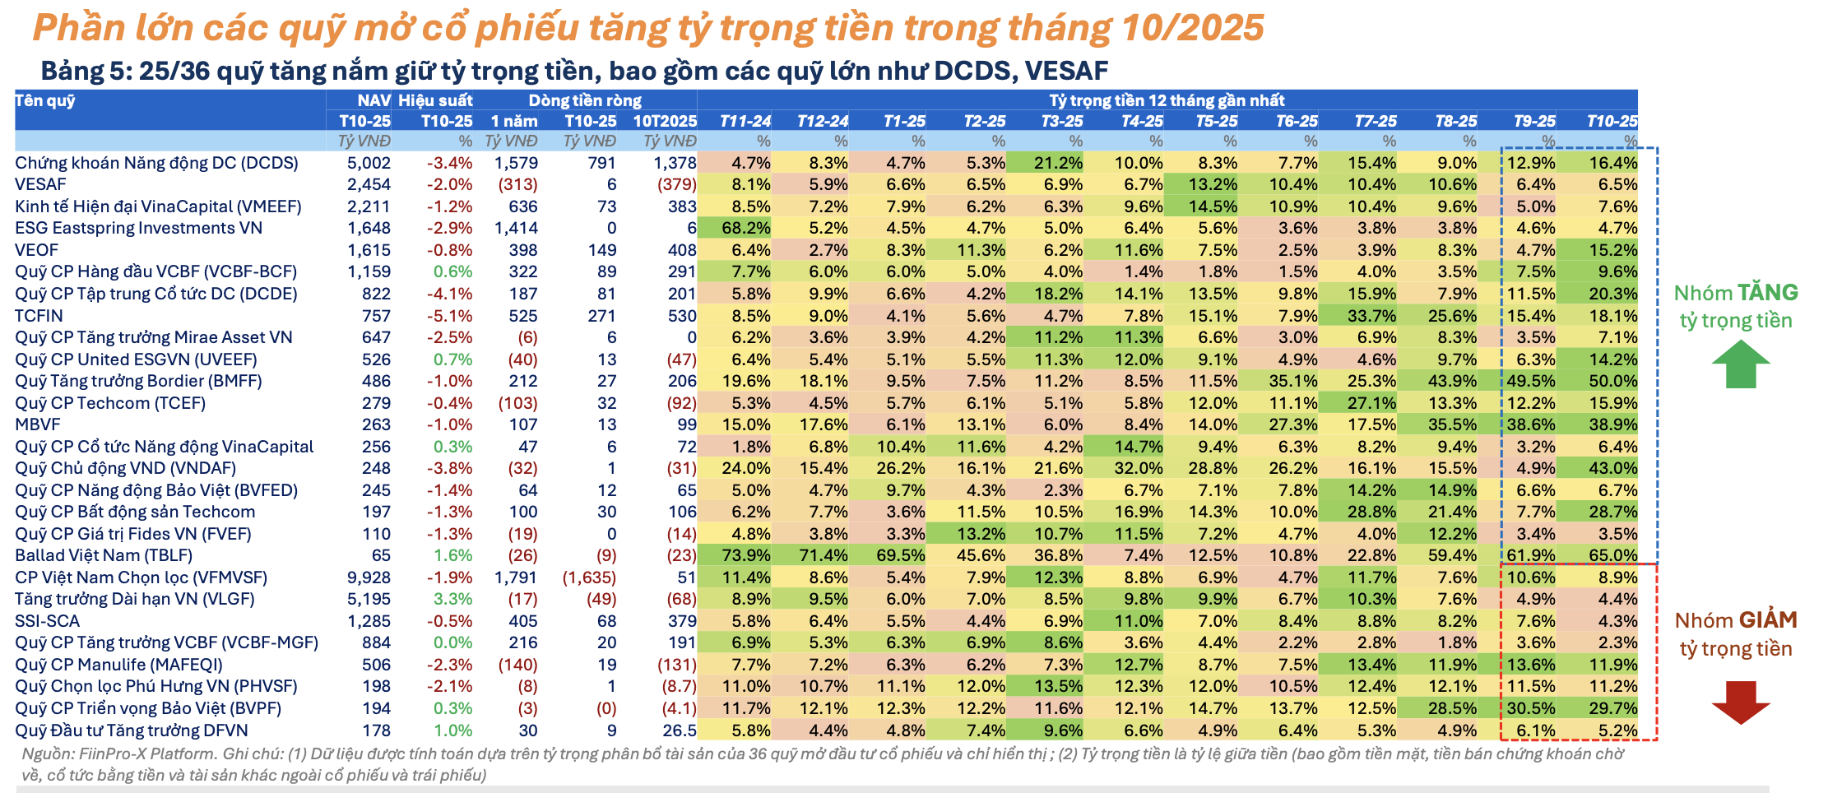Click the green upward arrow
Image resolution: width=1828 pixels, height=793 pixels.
tap(1741, 364)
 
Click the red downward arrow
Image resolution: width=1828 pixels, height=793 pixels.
tap(1741, 702)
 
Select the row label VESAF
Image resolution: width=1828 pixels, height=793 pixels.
tap(40, 184)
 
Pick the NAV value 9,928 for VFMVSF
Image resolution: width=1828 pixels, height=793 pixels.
tap(369, 577)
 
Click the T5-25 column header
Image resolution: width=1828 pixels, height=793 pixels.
tap(1217, 121)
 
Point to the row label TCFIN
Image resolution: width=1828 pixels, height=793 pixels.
tap(39, 316)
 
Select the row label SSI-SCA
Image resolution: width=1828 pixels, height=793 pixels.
tap(47, 621)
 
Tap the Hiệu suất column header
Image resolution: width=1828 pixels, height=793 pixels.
tap(435, 100)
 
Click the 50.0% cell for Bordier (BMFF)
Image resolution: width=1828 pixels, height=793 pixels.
tap(1612, 381)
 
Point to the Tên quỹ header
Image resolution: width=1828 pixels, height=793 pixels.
tap(45, 100)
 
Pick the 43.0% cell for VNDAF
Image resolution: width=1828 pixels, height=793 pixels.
tap(1612, 468)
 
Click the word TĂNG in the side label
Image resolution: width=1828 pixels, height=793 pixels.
tap(1767, 293)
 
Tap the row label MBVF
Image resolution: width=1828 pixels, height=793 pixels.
tap(38, 424)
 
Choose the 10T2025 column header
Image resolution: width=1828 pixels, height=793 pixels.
tap(665, 121)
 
